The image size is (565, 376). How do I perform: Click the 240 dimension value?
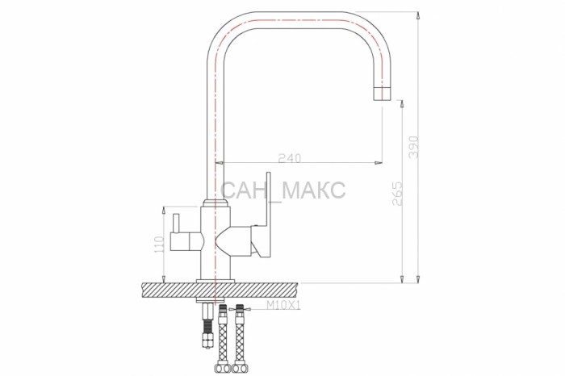click(290, 158)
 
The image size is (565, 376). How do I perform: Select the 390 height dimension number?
click(413, 147)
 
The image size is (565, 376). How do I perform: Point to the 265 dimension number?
click(397, 194)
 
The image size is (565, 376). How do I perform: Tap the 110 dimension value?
click(159, 244)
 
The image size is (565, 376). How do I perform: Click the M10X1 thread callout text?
click(283, 306)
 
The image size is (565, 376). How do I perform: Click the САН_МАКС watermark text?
click(282, 190)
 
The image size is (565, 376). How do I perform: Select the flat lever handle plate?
click(267, 215)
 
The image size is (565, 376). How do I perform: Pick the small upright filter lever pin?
click(176, 224)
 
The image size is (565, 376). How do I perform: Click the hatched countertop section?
click(220, 290)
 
